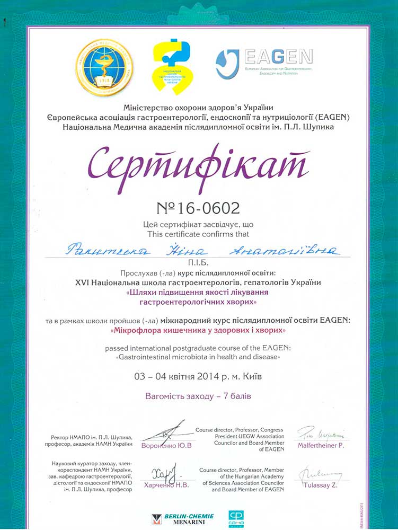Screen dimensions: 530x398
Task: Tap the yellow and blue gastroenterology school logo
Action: pos(173,66)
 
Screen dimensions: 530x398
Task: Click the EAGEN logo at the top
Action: pos(264,63)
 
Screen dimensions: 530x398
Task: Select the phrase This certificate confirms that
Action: pos(199,233)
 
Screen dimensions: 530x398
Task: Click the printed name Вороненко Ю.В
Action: pos(166,446)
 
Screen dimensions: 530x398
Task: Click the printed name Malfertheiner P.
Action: pos(320,446)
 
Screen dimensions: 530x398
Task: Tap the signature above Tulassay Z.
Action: pos(319,473)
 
